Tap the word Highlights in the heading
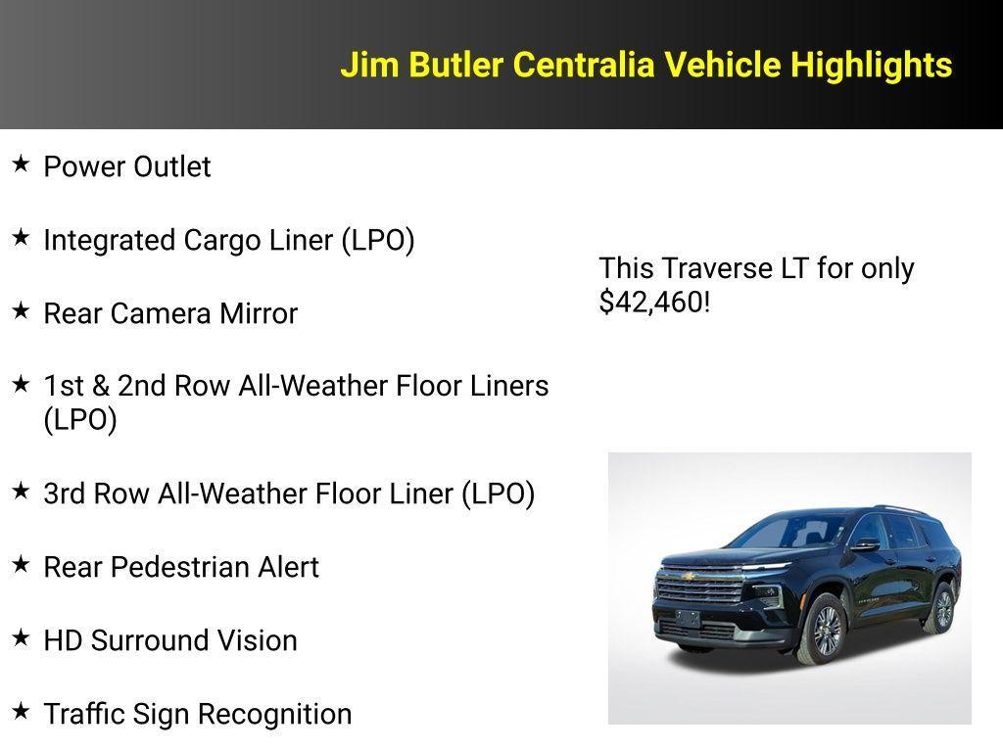[x=871, y=66]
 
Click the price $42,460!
[x=654, y=303]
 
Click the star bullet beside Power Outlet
[x=21, y=164]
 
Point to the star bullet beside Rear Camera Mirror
[x=21, y=310]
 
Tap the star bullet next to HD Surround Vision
[x=21, y=637]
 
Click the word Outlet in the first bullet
[x=171, y=167]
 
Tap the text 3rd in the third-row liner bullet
[x=64, y=493]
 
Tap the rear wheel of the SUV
[x=942, y=608]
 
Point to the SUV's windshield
[x=788, y=532]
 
